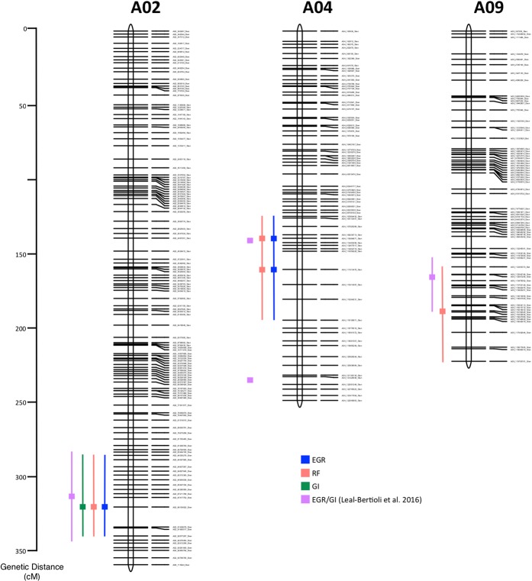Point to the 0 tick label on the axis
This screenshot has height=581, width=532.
pos(25,29)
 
